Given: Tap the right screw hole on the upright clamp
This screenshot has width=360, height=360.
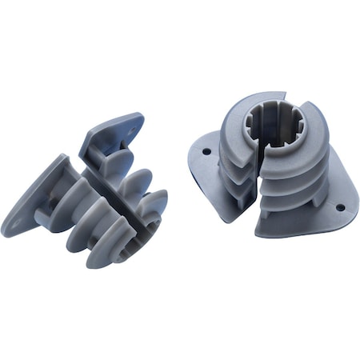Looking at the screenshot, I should click(x=339, y=208).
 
